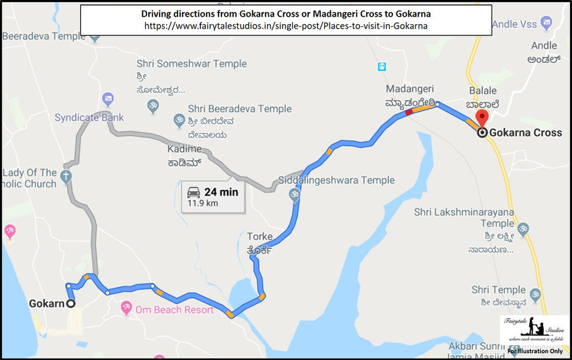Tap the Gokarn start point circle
click(x=71, y=304)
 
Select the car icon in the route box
click(x=193, y=192)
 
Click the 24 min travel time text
click(x=221, y=192)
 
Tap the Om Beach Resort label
click(x=174, y=310)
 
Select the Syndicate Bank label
click(x=89, y=118)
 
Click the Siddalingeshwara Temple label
click(x=336, y=181)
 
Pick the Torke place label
click(x=259, y=237)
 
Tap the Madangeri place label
click(x=410, y=89)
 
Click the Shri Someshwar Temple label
click(x=192, y=64)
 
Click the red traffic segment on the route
click(x=408, y=113)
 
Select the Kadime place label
click(x=184, y=149)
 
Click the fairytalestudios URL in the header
click(x=286, y=26)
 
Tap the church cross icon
click(x=66, y=176)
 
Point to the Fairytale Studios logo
click(x=534, y=332)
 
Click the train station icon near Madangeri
click(x=382, y=66)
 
